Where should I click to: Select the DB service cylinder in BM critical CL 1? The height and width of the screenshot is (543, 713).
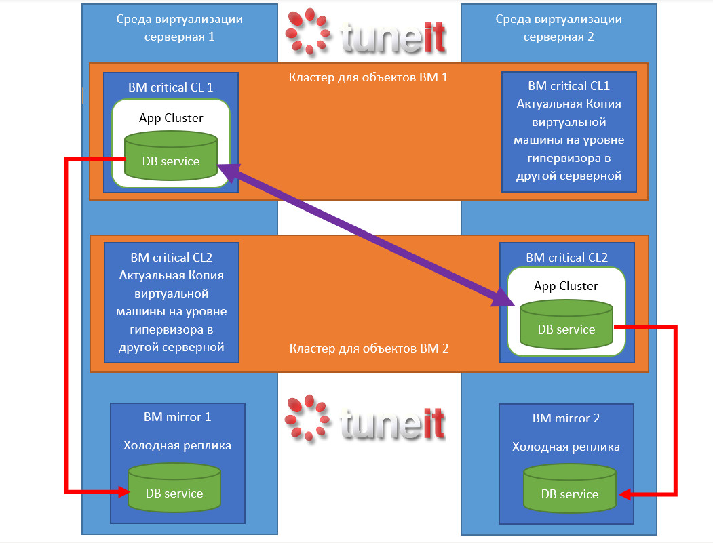(171, 157)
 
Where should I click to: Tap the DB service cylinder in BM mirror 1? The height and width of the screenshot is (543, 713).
(174, 489)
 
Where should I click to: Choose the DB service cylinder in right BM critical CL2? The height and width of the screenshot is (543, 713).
(566, 325)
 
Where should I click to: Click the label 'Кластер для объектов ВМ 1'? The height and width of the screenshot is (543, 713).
(368, 77)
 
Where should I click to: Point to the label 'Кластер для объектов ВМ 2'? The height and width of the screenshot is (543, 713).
(368, 349)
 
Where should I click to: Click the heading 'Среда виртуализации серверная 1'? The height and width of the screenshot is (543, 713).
(179, 28)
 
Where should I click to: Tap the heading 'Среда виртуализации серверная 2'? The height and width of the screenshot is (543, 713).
(558, 28)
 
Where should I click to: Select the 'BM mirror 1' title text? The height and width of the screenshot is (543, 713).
(177, 417)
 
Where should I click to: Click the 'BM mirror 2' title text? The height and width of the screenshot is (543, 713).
(566, 418)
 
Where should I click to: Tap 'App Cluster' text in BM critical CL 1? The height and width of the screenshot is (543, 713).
(171, 118)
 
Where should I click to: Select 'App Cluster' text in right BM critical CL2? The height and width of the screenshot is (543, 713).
(566, 286)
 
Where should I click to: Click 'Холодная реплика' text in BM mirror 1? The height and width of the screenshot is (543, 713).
(177, 445)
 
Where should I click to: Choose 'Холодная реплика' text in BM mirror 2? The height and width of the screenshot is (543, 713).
(566, 447)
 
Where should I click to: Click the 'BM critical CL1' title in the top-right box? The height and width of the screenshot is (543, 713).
(569, 86)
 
